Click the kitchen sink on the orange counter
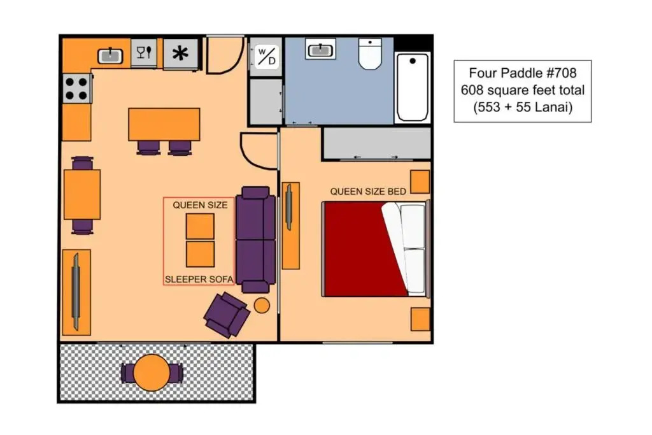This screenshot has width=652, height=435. [x=110, y=55]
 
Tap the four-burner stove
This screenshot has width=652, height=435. [x=76, y=89]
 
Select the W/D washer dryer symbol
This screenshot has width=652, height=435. [x=267, y=57]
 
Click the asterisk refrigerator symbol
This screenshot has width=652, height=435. [x=180, y=53]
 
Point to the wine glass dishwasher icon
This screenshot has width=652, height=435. [x=144, y=52]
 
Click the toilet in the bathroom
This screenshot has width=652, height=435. [x=370, y=53]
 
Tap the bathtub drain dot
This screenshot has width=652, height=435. [x=413, y=61]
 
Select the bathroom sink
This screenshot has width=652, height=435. [x=320, y=49]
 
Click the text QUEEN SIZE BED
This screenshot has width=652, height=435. [x=368, y=192]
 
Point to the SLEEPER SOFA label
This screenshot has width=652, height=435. [x=199, y=280]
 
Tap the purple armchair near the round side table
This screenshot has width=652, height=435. [x=227, y=315]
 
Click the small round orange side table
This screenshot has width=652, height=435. [x=262, y=306]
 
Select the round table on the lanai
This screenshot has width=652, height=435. [x=152, y=373]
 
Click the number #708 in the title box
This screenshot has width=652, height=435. [x=561, y=73]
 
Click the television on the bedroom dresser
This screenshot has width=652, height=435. [x=288, y=207]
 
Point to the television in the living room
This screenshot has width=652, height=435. [x=76, y=292]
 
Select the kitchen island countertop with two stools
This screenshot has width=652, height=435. [x=164, y=124]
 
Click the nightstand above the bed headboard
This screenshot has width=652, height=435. [x=420, y=182]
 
